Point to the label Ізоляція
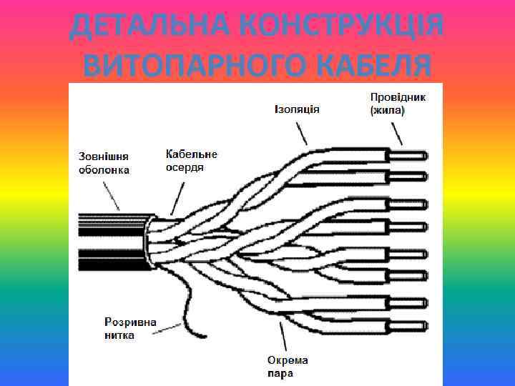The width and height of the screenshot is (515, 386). tap(296, 109)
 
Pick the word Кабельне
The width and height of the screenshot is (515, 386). tap(191, 154)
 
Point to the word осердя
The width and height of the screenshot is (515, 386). tap(185, 167)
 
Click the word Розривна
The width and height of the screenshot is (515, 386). tap(131, 322)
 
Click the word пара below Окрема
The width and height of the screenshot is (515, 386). tap(280, 373)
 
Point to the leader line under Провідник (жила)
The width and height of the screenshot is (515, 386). tap(396, 132)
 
